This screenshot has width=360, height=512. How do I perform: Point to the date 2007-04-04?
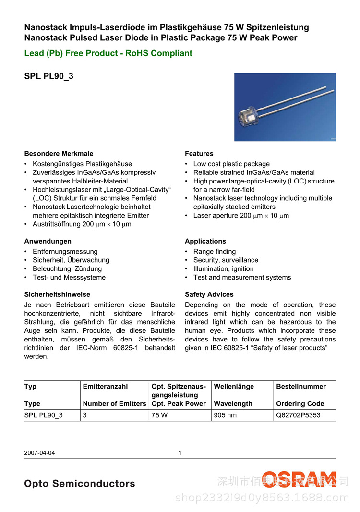point(39,452)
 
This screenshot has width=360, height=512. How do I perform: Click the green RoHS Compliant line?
point(108,53)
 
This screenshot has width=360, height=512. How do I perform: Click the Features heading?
point(199,154)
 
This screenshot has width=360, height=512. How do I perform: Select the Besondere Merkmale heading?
point(59,154)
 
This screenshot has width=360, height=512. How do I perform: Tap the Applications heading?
point(205,241)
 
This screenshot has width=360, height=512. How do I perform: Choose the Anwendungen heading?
point(48,241)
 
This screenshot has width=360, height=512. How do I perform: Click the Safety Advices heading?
point(209,294)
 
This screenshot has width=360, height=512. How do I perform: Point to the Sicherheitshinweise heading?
point(57,294)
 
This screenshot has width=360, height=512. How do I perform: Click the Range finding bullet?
point(215,252)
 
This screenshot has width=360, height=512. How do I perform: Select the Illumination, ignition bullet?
point(223,269)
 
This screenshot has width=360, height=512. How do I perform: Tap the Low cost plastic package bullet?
point(231,164)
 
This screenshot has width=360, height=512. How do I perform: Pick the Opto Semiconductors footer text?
point(80,484)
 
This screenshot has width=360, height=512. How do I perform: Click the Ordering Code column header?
point(300,404)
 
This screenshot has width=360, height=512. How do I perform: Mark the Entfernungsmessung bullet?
point(65,252)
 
